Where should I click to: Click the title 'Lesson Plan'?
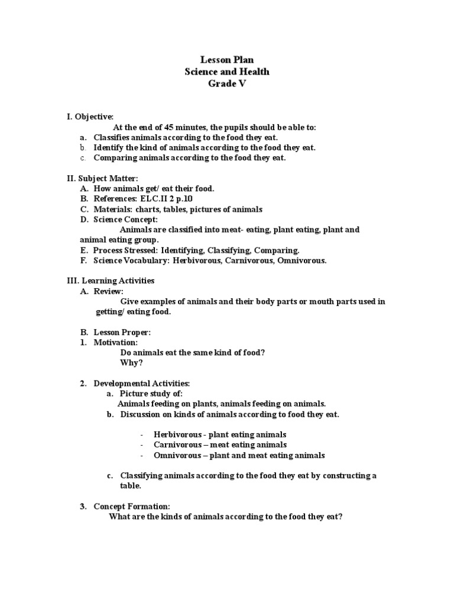pyautogui.click(x=227, y=60)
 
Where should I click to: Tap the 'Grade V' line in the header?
pyautogui.click(x=227, y=83)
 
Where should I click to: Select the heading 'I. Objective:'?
pyautogui.click(x=90, y=117)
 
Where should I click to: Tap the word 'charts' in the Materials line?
pyautogui.click(x=146, y=209)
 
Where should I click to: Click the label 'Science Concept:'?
pyautogui.click(x=125, y=219)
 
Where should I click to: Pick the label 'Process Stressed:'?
pyautogui.click(x=125, y=250)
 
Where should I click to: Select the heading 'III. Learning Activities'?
pyautogui.click(x=110, y=281)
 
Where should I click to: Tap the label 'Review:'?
pyautogui.click(x=109, y=291)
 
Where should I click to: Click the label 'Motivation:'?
pyautogui.click(x=116, y=342)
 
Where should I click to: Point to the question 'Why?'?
pyautogui.click(x=131, y=363)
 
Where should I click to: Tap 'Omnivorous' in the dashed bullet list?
pyautogui.click(x=177, y=455)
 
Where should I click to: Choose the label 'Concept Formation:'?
pyautogui.click(x=131, y=506)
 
